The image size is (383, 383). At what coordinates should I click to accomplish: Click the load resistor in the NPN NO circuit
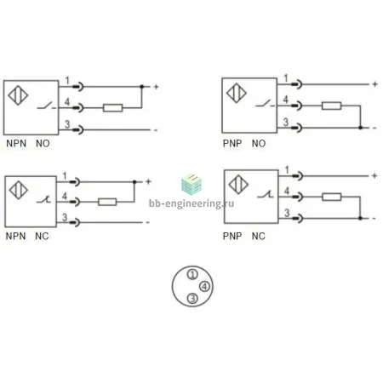[x=112, y=108]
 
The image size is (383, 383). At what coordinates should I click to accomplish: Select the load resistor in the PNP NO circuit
[x=331, y=106]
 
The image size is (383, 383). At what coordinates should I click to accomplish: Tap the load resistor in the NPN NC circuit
[x=107, y=202]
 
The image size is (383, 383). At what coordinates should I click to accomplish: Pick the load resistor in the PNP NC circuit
[x=332, y=197]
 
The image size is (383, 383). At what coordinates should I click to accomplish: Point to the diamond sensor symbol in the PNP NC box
[x=238, y=185]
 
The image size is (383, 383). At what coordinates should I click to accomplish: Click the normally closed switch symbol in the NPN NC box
[x=43, y=200]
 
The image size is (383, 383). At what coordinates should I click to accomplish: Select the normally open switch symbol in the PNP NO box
[x=266, y=104]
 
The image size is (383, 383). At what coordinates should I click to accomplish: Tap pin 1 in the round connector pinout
[x=192, y=274]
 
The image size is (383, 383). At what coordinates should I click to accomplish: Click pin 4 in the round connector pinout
[x=204, y=286]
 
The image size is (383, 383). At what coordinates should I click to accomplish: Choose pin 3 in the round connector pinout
[x=192, y=298]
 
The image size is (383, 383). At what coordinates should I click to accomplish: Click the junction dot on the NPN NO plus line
[x=142, y=86]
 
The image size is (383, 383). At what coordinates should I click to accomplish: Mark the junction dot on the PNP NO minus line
[x=360, y=128]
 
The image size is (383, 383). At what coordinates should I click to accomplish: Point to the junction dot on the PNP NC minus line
[x=360, y=218]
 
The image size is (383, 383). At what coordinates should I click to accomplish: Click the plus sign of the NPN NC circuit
[x=148, y=181]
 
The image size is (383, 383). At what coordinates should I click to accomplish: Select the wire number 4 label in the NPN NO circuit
[x=67, y=101]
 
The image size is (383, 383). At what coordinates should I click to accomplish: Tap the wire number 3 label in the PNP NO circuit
[x=286, y=122]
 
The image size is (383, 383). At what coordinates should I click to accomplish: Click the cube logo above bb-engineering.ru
[x=191, y=185]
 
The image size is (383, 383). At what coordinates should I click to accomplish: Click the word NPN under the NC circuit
[x=16, y=236]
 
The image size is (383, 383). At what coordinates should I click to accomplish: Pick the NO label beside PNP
[x=259, y=143]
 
